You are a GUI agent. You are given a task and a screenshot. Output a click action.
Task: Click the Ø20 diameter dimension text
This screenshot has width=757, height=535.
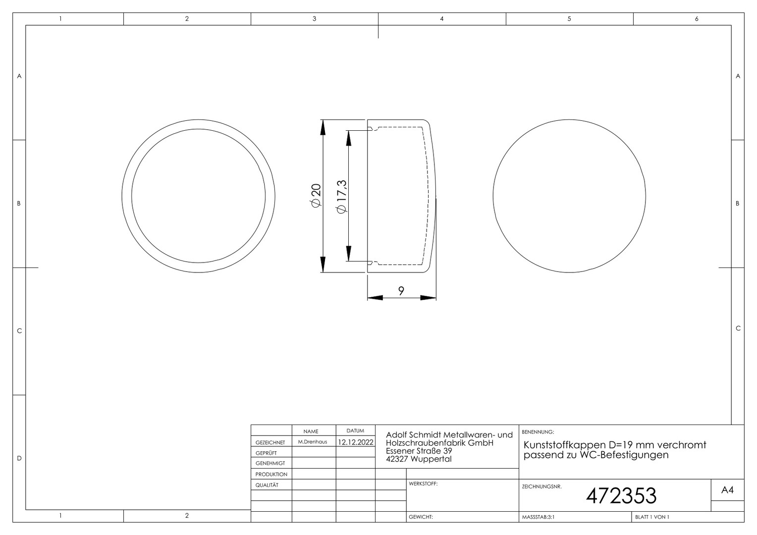click(x=316, y=195)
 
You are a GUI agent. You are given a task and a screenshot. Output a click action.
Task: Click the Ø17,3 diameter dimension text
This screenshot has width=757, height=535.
click(x=342, y=196)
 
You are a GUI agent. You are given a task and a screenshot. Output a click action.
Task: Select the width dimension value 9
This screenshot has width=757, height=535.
click(x=401, y=291)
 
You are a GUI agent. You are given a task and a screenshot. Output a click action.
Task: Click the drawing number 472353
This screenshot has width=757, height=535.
click(x=621, y=496)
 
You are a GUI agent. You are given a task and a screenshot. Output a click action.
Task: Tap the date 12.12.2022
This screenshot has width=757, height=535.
click(x=356, y=442)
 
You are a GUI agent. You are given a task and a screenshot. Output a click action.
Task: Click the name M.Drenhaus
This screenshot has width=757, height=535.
click(x=312, y=442)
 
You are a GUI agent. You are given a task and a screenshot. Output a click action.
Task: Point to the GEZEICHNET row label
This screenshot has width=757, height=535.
click(x=270, y=442)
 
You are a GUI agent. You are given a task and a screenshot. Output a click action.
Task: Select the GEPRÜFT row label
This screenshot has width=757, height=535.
click(x=266, y=453)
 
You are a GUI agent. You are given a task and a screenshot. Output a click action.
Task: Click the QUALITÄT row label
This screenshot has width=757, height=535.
click(x=267, y=485)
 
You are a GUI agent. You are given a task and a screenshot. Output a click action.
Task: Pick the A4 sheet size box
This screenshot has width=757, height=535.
click(x=728, y=490)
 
